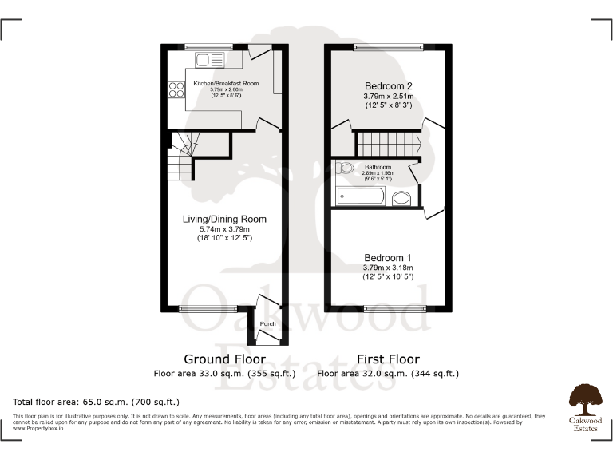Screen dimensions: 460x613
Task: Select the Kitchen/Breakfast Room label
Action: point(225,83)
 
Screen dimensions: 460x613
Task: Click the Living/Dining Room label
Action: point(224,219)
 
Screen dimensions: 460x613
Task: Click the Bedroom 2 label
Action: point(390,86)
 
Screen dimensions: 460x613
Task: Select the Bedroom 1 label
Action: point(389,257)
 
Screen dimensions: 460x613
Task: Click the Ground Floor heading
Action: point(224,359)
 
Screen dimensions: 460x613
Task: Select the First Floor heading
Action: point(388,359)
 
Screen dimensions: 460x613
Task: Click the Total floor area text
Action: point(97,401)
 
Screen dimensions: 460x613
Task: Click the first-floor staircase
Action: point(388,145)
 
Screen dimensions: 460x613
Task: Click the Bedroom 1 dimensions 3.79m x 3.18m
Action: point(389,268)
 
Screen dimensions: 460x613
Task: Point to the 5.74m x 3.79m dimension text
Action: point(224,229)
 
